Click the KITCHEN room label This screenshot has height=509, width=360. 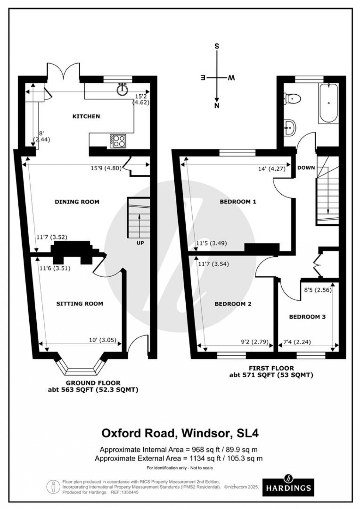(86, 116)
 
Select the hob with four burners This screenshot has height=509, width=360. (118, 141)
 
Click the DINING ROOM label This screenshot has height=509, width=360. (77, 202)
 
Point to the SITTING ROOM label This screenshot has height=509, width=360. (79, 303)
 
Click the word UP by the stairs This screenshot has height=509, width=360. (140, 243)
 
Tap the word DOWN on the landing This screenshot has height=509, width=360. (306, 167)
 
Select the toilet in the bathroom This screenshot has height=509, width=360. (293, 98)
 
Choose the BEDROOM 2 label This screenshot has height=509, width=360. (233, 303)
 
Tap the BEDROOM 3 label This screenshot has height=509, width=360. (307, 317)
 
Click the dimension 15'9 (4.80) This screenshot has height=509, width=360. (106, 168)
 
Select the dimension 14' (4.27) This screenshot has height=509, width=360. (272, 168)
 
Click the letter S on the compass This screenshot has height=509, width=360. (217, 46)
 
